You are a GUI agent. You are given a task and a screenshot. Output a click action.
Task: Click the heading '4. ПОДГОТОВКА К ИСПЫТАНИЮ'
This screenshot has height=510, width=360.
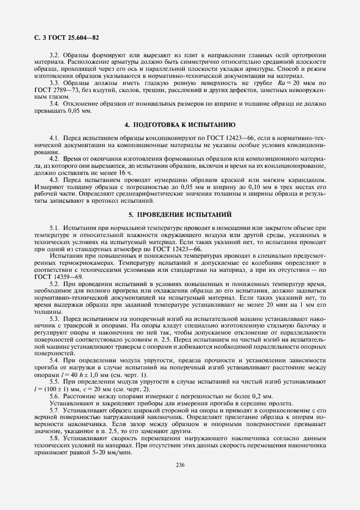coord(180,124)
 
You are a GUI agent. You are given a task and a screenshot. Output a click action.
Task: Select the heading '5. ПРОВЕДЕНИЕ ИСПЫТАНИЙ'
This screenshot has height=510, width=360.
coord(180,214)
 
